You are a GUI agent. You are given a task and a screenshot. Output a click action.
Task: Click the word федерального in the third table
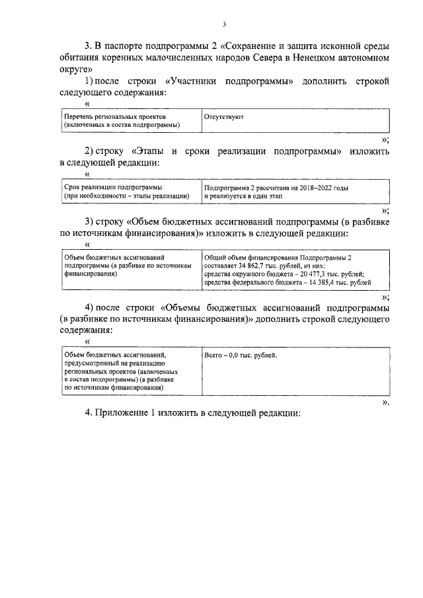pyautogui.click(x=254, y=282)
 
